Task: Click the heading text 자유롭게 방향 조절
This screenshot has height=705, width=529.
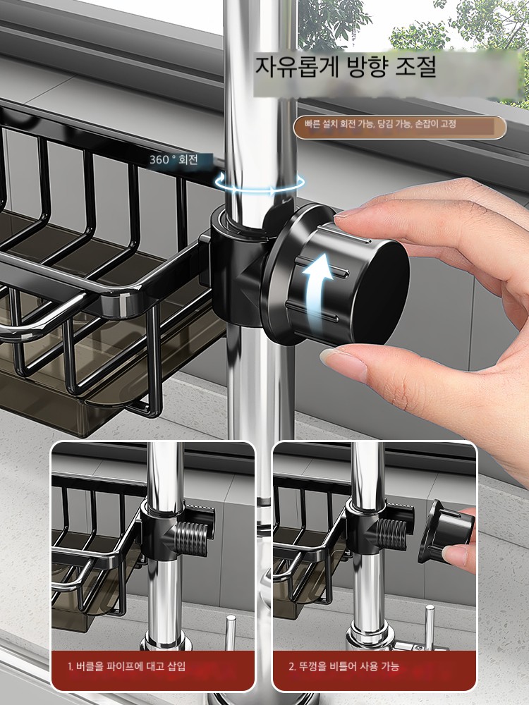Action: click(x=346, y=66)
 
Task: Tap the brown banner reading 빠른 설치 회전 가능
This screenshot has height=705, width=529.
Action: click(x=399, y=127)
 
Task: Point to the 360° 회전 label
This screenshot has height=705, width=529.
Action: click(x=174, y=159)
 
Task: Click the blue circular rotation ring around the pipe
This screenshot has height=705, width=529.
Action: click(x=260, y=183)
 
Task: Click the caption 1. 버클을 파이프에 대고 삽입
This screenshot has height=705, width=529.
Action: click(x=126, y=666)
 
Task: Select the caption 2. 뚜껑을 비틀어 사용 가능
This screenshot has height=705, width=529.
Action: click(x=343, y=666)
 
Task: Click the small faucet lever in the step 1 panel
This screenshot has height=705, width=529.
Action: click(x=231, y=631)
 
